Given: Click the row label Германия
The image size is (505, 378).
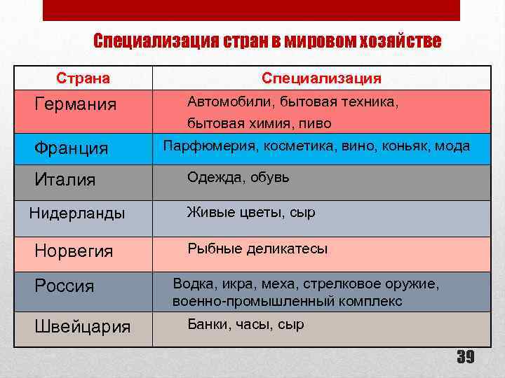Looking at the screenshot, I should (x=76, y=104).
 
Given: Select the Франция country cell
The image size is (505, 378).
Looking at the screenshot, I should (x=72, y=148).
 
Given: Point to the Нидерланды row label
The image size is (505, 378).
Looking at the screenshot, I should (x=77, y=213).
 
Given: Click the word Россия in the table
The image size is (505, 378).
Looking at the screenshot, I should (x=65, y=286).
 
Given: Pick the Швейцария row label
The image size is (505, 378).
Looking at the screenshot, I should (x=83, y=327).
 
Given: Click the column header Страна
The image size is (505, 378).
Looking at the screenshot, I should (x=83, y=78).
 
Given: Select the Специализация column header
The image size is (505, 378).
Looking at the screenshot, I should (x=322, y=78).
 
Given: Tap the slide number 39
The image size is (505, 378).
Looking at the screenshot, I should (x=465, y=358).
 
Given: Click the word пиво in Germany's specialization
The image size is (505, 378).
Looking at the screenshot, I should (x=316, y=124).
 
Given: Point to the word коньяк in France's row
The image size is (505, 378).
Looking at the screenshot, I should (x=408, y=146).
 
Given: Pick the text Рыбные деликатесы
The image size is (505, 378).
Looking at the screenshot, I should (x=257, y=248).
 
